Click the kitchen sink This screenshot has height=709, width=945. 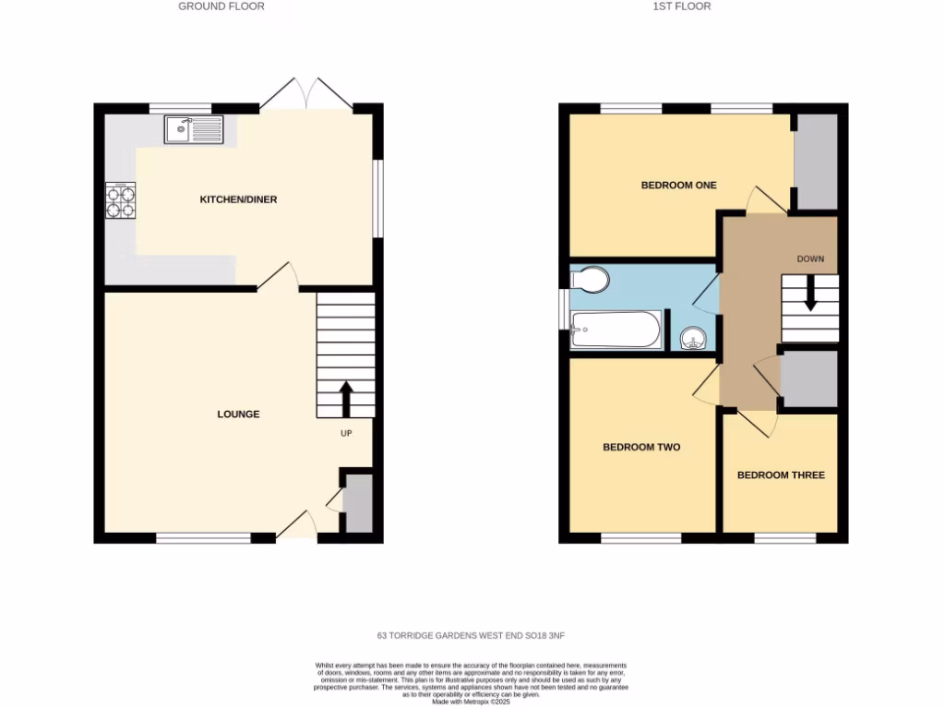(x=194, y=130)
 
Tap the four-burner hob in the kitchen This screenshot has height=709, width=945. (x=121, y=200)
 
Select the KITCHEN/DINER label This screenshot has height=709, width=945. (x=239, y=199)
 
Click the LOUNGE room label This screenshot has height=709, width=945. (x=238, y=415)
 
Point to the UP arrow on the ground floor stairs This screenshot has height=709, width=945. (x=347, y=399)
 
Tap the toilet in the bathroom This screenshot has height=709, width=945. (x=591, y=278)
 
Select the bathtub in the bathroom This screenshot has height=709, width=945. (x=616, y=330)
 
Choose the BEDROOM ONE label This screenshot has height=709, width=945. (x=678, y=186)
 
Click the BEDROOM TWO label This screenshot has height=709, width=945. (x=641, y=448)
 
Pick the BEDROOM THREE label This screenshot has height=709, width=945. (x=781, y=475)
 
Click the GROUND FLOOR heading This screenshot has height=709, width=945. (x=221, y=6)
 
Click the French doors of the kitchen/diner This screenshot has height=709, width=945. (x=305, y=95)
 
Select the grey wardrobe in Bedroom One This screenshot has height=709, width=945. (x=816, y=162)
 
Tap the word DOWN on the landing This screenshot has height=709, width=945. (x=810, y=258)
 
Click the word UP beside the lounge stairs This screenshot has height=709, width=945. (x=346, y=432)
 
